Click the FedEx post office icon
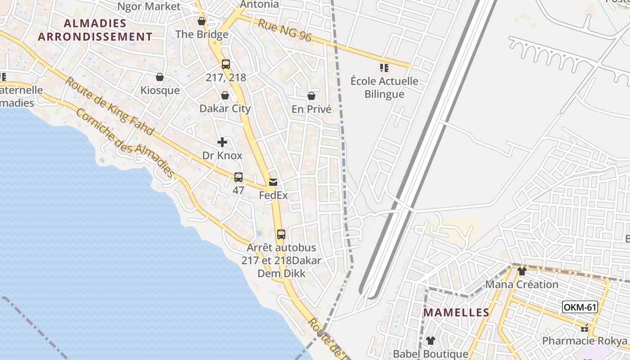click(273, 182)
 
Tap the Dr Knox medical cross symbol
click(222, 143)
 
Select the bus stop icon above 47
click(238, 177)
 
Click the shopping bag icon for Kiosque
click(159, 77)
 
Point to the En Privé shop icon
click(311, 96)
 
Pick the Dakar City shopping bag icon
click(225, 95)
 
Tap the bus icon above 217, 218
click(226, 64)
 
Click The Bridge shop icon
click(202, 21)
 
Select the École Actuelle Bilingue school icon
click(384, 68)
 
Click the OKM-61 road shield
click(580, 307)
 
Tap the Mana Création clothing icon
click(522, 271)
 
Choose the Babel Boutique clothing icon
click(431, 341)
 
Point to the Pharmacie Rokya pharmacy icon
click(585, 328)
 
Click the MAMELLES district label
click(456, 312)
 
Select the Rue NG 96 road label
click(284, 30)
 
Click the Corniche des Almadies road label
click(125, 143)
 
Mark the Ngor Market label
click(148, 6)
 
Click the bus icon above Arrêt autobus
click(281, 234)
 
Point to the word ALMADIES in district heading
click(95, 23)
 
